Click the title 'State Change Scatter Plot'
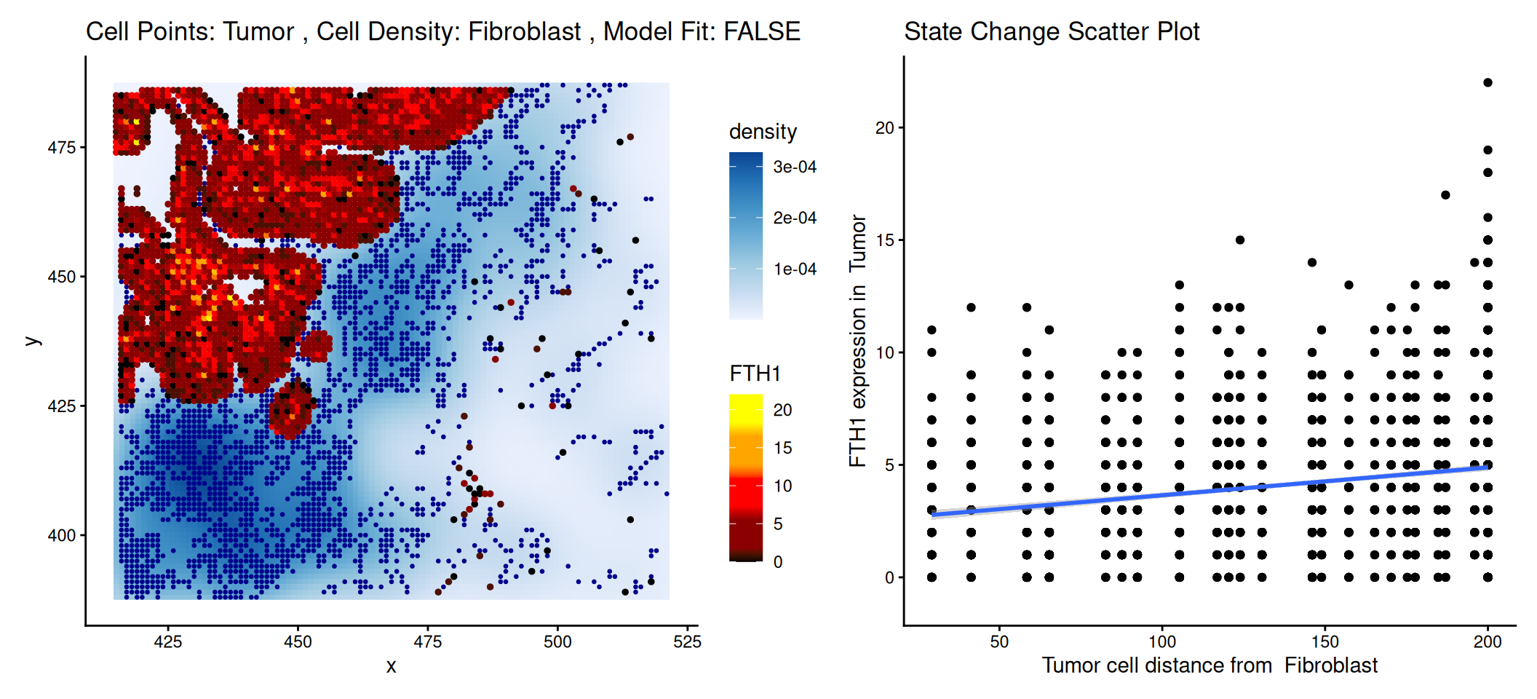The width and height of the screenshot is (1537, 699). pyautogui.click(x=1051, y=31)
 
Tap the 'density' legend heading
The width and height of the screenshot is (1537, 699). pyautogui.click(x=763, y=132)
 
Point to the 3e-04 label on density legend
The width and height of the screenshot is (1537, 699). pyautogui.click(x=794, y=167)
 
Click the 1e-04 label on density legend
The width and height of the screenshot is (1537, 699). pyautogui.click(x=794, y=269)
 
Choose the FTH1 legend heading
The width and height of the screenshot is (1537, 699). pyautogui.click(x=755, y=374)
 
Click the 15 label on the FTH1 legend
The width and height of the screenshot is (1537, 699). pyautogui.click(x=782, y=448)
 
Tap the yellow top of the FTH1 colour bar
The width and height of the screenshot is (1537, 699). pyautogui.click(x=745, y=402)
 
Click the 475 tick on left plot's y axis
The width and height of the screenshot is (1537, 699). pyautogui.click(x=61, y=147)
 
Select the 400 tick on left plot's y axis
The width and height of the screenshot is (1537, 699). pyautogui.click(x=61, y=535)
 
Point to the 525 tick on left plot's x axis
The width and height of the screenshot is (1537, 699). pyautogui.click(x=687, y=641)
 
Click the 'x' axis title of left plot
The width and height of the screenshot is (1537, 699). pyautogui.click(x=392, y=666)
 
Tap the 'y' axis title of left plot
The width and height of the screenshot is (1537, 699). pyautogui.click(x=32, y=340)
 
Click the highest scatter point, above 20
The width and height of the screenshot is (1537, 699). pyautogui.click(x=1488, y=82)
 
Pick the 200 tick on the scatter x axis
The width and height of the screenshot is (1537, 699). pyautogui.click(x=1488, y=641)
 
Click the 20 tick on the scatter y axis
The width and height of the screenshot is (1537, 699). pyautogui.click(x=884, y=127)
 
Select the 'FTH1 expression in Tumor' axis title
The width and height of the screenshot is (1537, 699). pyautogui.click(x=858, y=340)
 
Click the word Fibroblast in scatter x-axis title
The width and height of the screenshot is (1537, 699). pyautogui.click(x=1330, y=666)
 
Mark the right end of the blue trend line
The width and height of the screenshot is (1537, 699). pyautogui.click(x=1488, y=467)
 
